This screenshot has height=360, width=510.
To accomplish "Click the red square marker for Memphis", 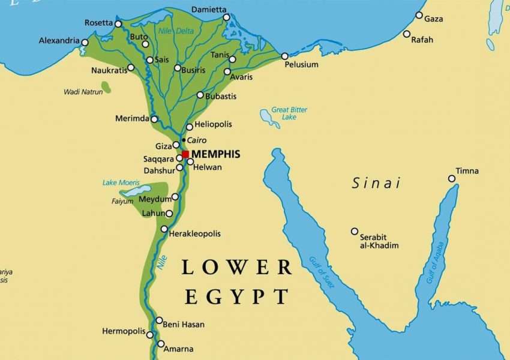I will [x=185, y=154].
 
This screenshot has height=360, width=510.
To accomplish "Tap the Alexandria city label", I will [x=59, y=41].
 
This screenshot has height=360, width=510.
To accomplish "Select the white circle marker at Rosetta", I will [x=118, y=24].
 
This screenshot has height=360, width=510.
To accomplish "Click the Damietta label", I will [x=209, y=10].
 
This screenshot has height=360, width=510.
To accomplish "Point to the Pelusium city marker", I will [x=285, y=56].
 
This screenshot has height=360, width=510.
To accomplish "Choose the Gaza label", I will [x=434, y=19].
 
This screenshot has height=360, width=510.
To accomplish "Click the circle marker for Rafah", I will [x=407, y=34].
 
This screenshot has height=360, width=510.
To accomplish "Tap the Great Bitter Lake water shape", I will [x=269, y=118].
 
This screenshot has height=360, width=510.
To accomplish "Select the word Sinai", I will [x=376, y=183].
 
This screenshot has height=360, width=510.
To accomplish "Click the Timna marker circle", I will [x=452, y=178].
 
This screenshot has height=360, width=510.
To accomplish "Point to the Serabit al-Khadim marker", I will [x=355, y=231].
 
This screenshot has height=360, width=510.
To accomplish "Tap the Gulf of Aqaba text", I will [x=437, y=262].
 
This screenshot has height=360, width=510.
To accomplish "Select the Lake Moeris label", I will [x=121, y=182].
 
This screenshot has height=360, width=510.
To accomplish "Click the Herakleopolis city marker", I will [x=164, y=229].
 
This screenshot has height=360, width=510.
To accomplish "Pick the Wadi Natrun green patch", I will [x=106, y=87].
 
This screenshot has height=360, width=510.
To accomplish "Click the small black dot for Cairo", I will [x=184, y=140].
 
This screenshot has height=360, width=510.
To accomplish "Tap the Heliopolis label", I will [x=214, y=124].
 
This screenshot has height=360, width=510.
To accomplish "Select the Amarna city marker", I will [x=161, y=344].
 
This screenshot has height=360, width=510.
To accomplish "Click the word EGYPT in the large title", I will [x=236, y=296].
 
